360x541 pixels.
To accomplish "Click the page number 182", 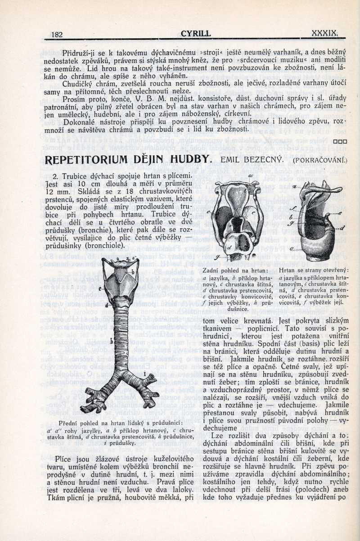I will (x=57, y=34).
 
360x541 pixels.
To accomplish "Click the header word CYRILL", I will (x=195, y=33).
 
